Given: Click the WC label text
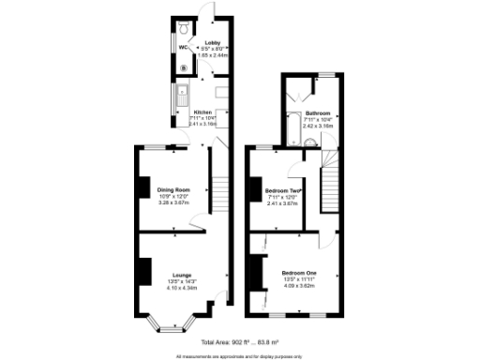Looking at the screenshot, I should click(x=186, y=47).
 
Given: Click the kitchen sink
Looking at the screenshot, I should click(x=184, y=96).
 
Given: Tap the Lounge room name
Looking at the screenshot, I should click(x=182, y=274).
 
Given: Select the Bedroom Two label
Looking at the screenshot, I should click(x=282, y=190).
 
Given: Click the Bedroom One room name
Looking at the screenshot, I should click(x=298, y=273).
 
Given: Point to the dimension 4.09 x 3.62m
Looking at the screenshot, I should click(x=298, y=285).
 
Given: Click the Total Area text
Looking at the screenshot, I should click(x=242, y=342).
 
